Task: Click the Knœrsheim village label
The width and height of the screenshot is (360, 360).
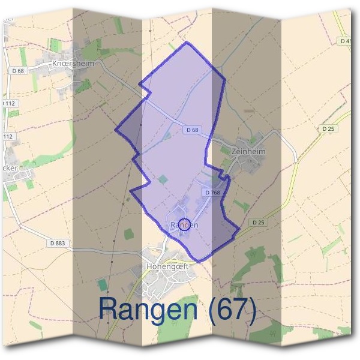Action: coord(74,62)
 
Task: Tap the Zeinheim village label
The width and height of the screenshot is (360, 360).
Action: coord(248,152)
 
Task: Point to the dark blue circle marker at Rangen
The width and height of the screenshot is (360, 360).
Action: coord(185,224)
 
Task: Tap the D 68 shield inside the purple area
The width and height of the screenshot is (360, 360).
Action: coord(192,129)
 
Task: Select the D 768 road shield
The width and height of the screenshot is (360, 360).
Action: coord(214,193)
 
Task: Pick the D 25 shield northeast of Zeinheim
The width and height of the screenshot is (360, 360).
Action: coord(328,128)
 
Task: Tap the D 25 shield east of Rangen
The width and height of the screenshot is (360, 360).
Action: coord(259,222)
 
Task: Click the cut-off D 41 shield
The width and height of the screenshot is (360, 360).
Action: coord(346,41)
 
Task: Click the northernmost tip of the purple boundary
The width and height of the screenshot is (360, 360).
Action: coord(188,43)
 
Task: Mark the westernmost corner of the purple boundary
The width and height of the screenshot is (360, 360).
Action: coord(116,128)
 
